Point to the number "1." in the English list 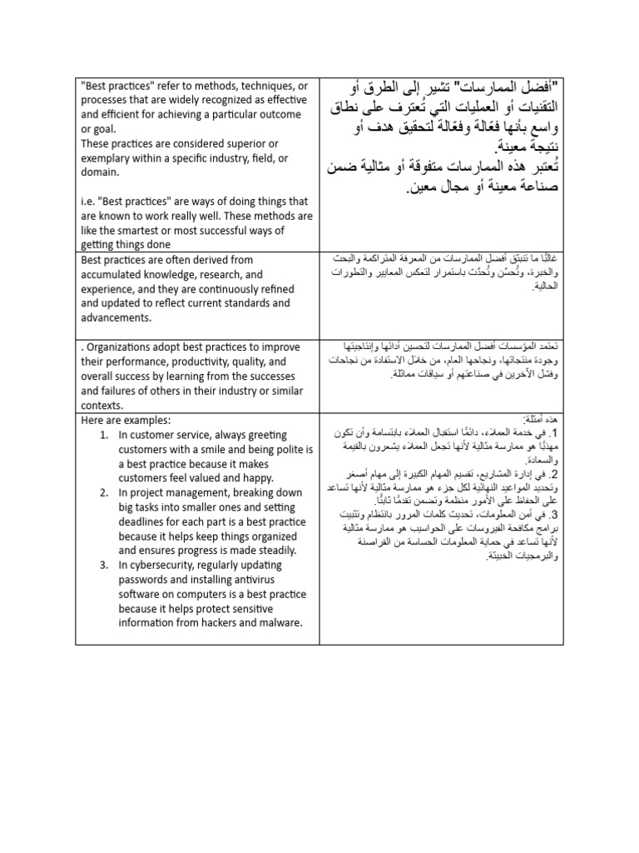[103, 435]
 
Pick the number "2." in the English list [103, 493]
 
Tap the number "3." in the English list [103, 565]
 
